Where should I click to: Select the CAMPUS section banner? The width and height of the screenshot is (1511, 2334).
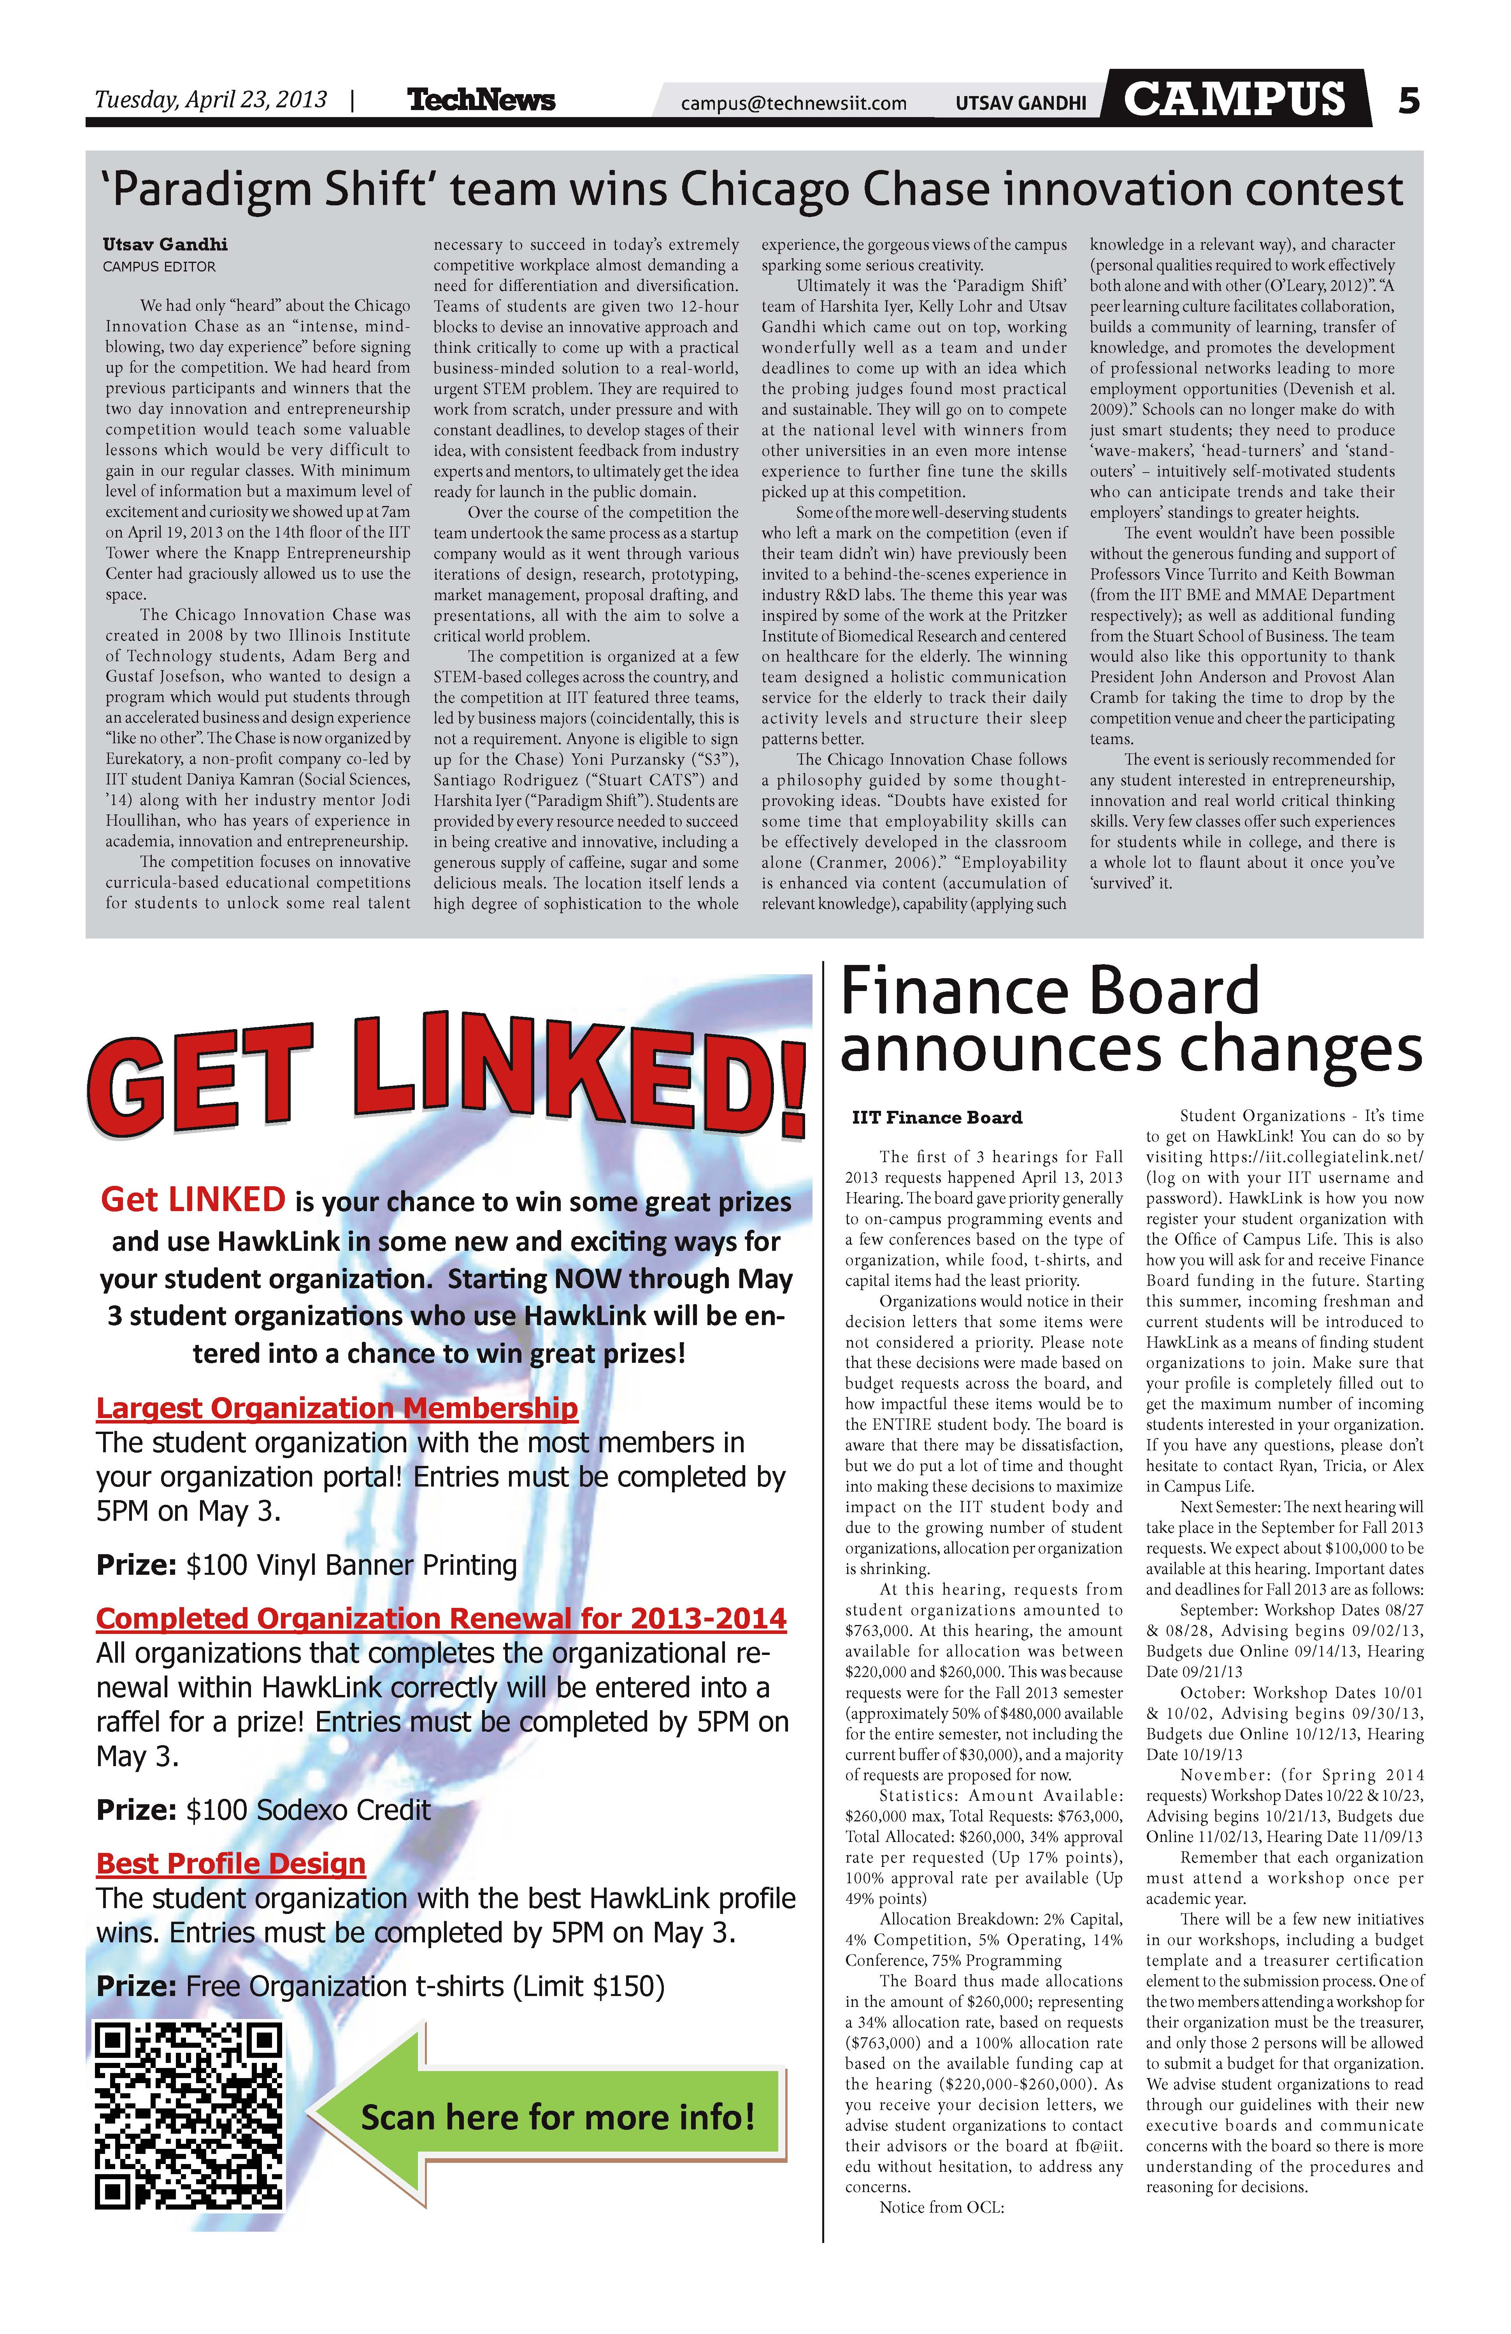tap(1234, 98)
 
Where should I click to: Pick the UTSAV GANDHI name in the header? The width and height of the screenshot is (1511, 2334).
tap(1020, 103)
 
